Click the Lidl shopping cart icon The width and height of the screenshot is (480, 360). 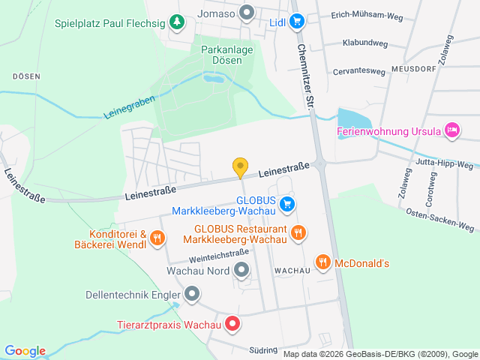pyautogui.click(x=297, y=22)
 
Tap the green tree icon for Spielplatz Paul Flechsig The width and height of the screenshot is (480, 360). pyautogui.click(x=176, y=22)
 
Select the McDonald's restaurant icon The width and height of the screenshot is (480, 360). pyautogui.click(x=323, y=262)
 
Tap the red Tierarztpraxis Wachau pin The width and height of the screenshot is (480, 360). pyautogui.click(x=232, y=325)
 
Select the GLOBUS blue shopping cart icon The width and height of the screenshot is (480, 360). pyautogui.click(x=286, y=203)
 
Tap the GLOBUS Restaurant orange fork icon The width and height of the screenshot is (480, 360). pyautogui.click(x=298, y=232)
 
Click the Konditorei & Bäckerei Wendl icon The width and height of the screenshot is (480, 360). pyautogui.click(x=157, y=238)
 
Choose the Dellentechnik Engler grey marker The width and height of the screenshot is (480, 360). pyautogui.click(x=192, y=294)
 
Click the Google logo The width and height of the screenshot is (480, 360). pyautogui.click(x=25, y=351)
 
